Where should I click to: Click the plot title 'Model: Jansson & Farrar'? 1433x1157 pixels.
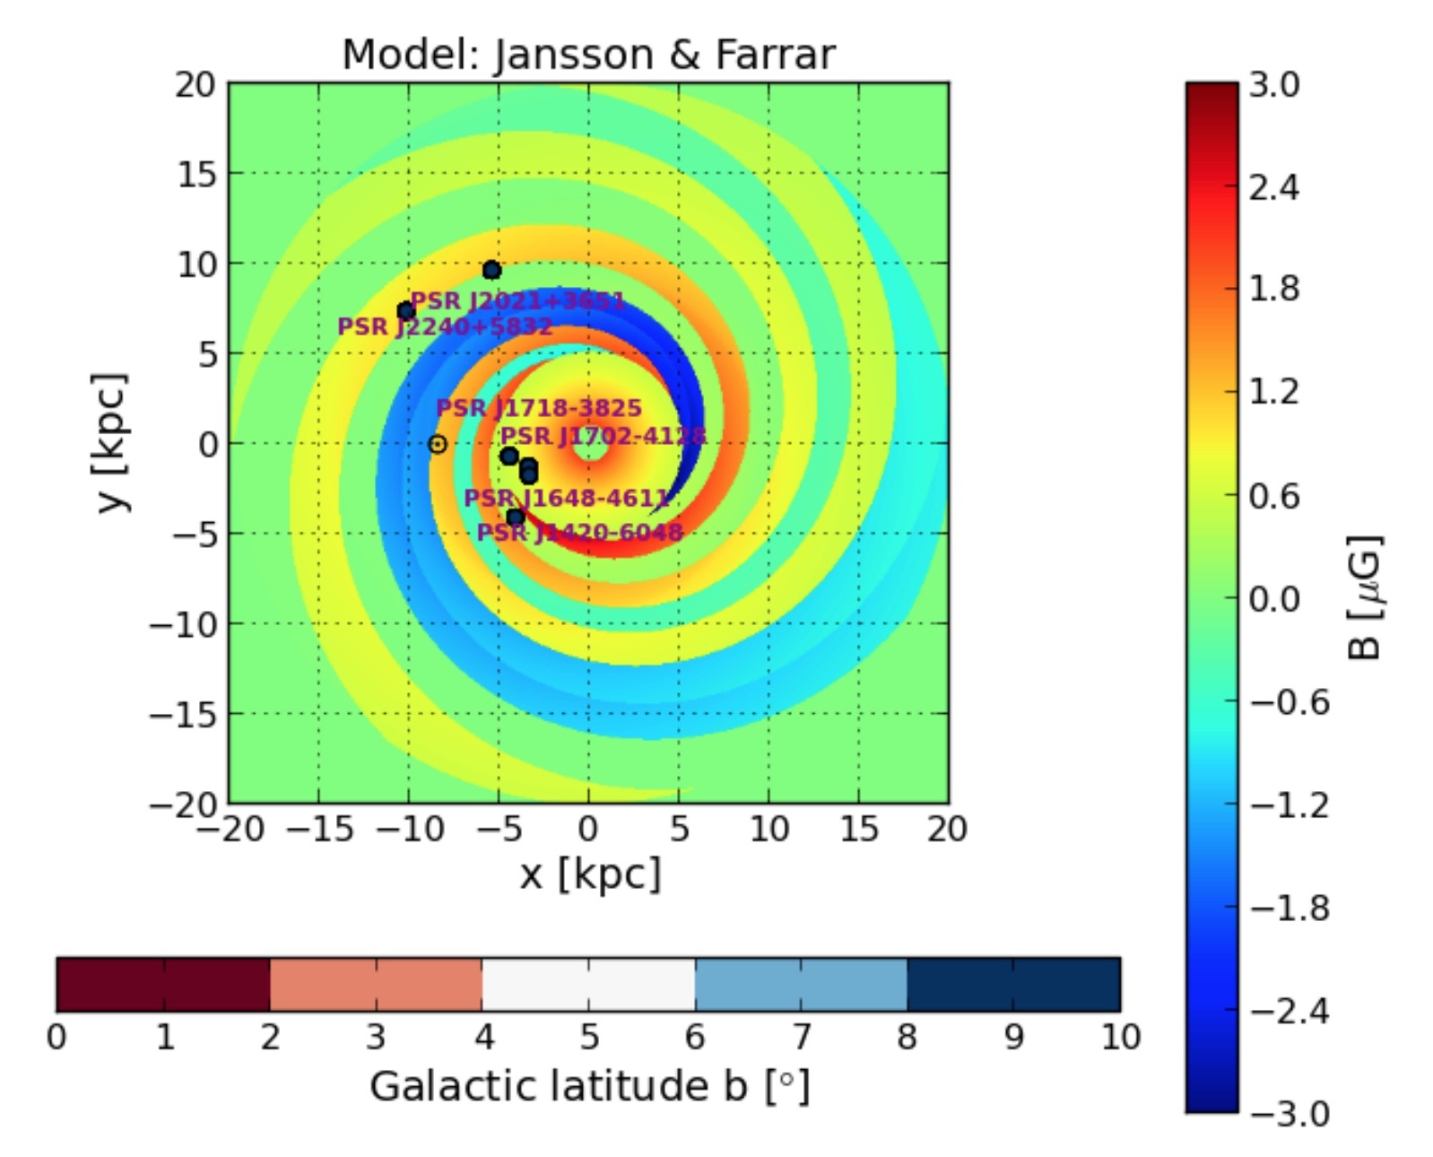point(588,55)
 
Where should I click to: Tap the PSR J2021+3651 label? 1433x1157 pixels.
point(517,300)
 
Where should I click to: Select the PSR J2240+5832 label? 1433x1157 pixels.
point(445,326)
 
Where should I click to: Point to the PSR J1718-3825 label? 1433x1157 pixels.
point(539,408)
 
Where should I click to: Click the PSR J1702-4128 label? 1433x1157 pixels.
point(603,437)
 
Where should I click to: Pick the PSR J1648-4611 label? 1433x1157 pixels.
point(567,498)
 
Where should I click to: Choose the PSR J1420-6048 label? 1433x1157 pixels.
point(579,533)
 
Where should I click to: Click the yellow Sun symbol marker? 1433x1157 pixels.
point(437,444)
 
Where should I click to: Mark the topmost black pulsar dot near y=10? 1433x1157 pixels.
point(491,270)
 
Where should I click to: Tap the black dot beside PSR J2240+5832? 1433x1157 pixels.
point(405,311)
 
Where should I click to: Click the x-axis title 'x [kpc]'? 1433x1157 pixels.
point(589,874)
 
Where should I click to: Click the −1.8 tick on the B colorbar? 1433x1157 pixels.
point(1285,908)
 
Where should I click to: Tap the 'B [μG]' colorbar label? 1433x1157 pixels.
point(1364,597)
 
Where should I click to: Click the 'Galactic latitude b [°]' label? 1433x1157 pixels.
point(589,1086)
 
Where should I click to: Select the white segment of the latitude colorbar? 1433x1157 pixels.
point(588,984)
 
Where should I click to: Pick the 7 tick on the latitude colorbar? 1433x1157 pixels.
point(801,1038)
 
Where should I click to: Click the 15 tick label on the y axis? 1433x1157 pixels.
point(196,174)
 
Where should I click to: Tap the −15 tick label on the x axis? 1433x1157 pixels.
point(318,830)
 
